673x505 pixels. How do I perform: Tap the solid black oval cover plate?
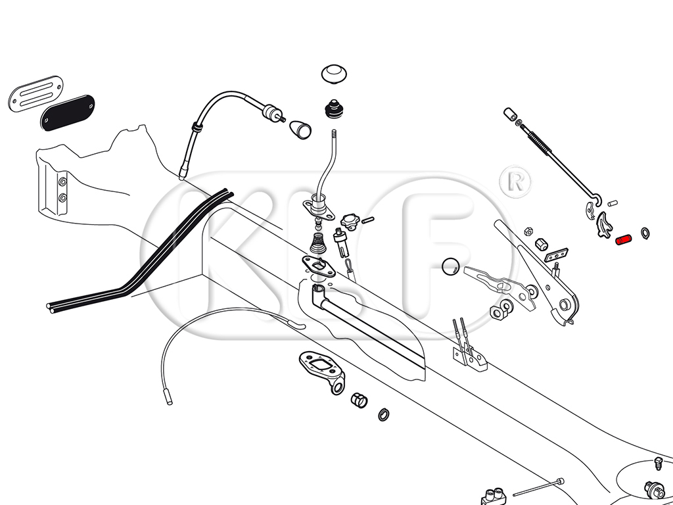click(68, 112)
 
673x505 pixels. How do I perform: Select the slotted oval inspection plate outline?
click(36, 94)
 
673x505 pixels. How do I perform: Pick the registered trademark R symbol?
click(515, 181)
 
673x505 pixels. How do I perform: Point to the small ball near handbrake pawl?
click(451, 265)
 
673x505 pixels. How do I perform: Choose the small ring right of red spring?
click(645, 232)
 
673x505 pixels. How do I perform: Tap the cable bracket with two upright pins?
click(469, 355)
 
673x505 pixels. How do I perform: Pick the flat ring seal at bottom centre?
click(383, 414)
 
